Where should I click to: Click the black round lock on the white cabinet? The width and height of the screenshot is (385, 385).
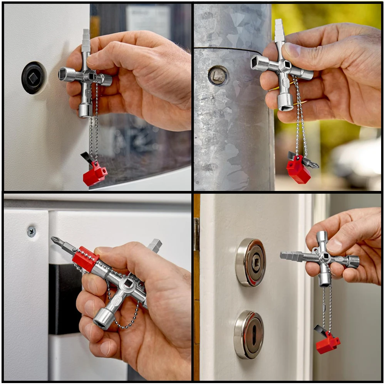coord(33,78)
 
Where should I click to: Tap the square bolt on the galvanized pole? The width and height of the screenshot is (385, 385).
coord(218,75)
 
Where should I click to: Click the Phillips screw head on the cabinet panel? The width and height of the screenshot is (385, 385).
coord(31,231)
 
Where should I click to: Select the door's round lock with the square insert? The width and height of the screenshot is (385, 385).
coord(251,262)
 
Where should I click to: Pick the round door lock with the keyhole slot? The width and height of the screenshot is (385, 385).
coord(249,334)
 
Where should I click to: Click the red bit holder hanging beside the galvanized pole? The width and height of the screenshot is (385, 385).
coord(298,170)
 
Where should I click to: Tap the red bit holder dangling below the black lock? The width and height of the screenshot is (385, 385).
coord(95,174)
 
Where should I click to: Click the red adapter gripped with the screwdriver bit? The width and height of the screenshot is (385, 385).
coord(85,258)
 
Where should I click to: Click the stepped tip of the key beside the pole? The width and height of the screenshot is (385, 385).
coord(279,30)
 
